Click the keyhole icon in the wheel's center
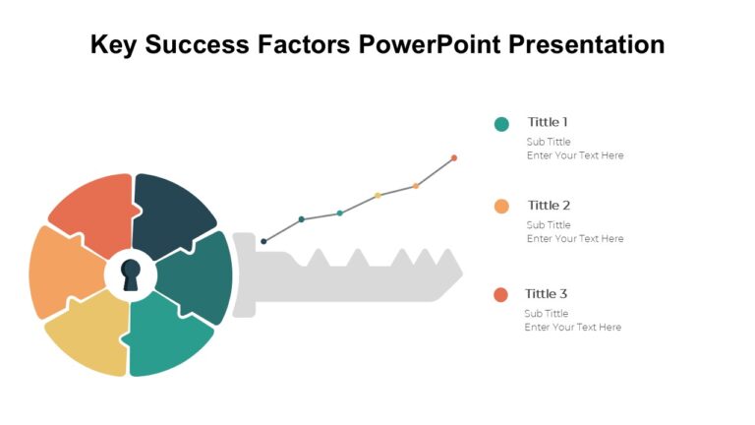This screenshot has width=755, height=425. click(x=131, y=274)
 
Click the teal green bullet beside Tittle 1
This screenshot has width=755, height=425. click(x=501, y=124)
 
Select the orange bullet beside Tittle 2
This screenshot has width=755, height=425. click(x=501, y=207)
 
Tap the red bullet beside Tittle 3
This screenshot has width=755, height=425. click(x=500, y=295)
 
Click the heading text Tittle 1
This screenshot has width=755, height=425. click(x=548, y=122)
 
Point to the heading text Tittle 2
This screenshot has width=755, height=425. click(x=549, y=206)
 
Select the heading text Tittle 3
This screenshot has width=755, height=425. click(x=546, y=293)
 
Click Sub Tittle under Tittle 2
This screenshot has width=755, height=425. click(x=548, y=225)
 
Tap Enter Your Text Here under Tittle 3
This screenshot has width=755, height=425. click(x=572, y=328)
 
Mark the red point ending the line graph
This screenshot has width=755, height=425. click(x=454, y=157)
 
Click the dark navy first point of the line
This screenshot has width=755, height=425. click(x=263, y=241)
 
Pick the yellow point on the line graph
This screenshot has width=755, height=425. click(x=377, y=196)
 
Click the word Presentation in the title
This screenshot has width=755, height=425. click(x=586, y=44)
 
